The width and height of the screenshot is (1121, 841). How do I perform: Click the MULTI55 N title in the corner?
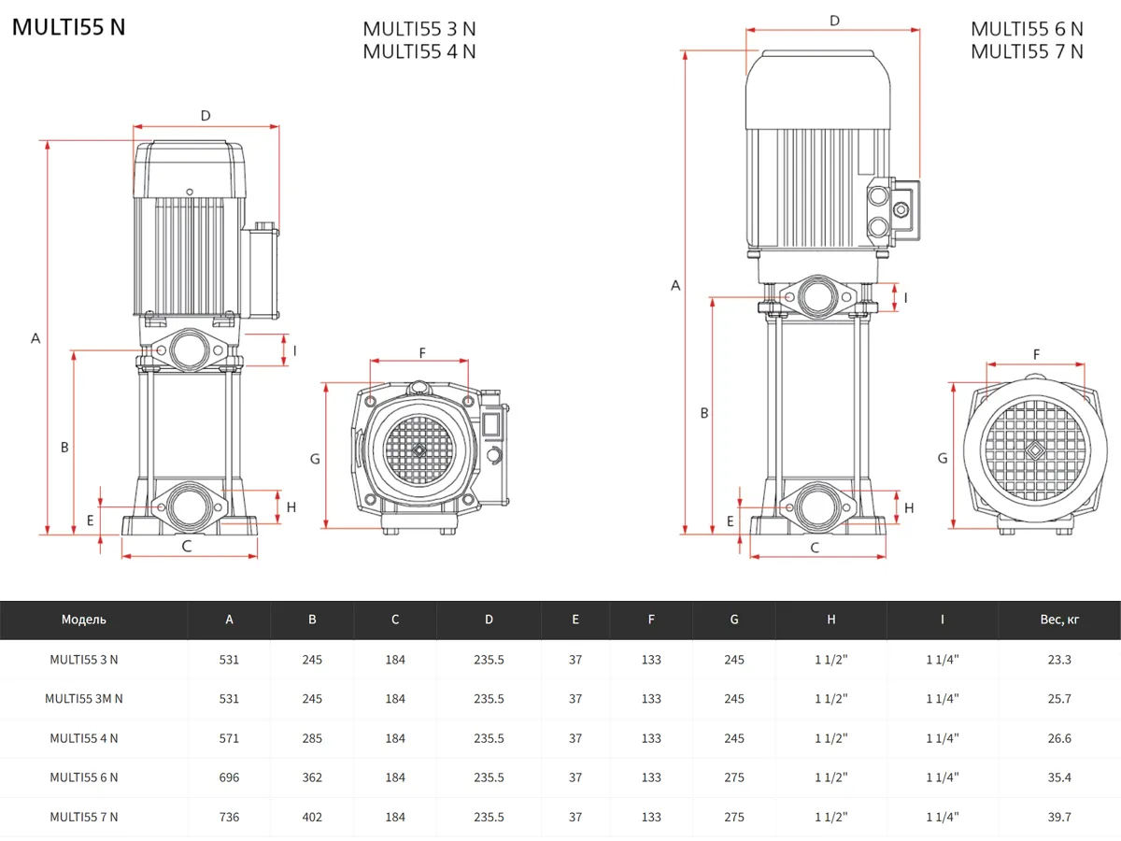coord(68,27)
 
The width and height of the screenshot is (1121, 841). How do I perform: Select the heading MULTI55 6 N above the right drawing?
coord(1027,29)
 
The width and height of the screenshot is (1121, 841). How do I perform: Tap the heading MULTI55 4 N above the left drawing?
coord(419,51)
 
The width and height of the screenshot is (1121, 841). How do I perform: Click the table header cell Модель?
coord(84,620)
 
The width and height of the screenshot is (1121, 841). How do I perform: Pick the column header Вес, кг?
coord(1059,620)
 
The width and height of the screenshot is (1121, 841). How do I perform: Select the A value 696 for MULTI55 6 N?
coord(229,777)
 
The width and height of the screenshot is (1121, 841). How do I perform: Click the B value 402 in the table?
coord(312,817)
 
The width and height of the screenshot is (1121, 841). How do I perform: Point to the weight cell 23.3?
coord(1059,660)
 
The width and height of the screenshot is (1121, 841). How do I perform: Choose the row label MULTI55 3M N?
coord(84,699)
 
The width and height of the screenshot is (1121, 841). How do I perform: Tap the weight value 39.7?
coord(1059,817)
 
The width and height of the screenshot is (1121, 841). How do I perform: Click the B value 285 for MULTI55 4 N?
coord(312,738)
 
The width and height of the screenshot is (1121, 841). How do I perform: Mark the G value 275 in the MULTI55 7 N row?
coord(734,817)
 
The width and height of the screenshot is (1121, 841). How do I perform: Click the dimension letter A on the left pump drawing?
coord(35,338)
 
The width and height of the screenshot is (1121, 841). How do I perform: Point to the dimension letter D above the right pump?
coord(834,21)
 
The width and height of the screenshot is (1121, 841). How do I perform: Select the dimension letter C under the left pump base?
coord(187,546)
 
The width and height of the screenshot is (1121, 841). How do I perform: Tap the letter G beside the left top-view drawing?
coord(315,459)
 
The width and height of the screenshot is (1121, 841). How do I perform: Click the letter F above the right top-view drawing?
coord(1036,354)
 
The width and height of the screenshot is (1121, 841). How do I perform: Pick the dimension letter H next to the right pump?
coord(909,507)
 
